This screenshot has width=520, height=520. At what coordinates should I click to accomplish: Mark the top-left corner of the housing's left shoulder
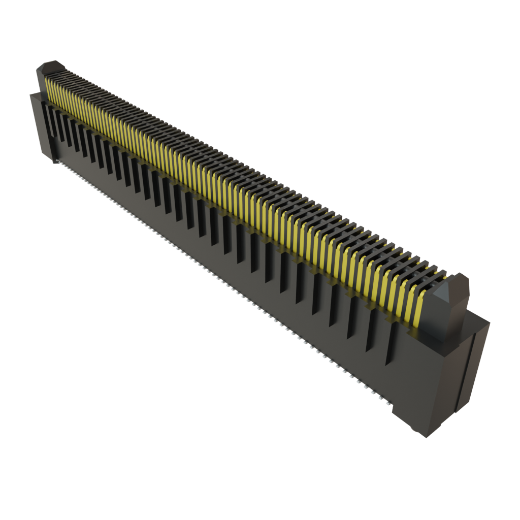point(30,94)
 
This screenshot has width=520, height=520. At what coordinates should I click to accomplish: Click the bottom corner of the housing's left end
point(53,162)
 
